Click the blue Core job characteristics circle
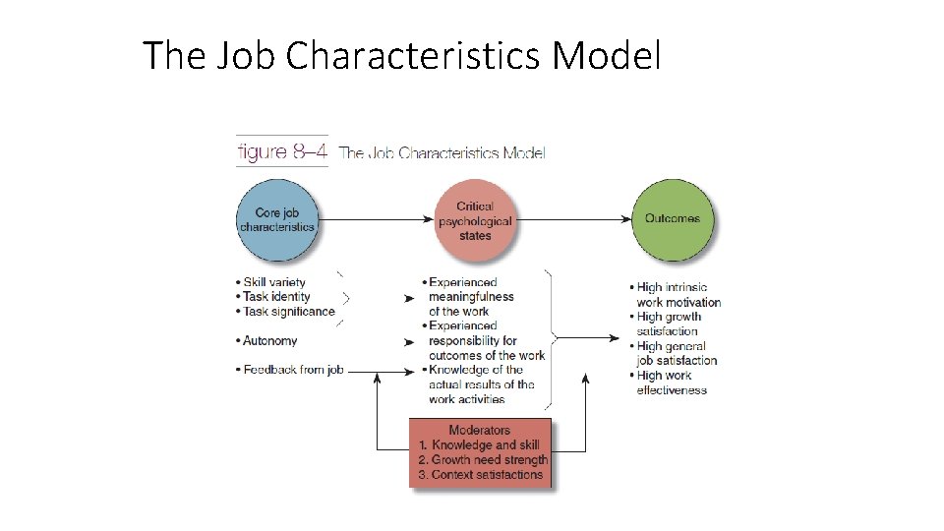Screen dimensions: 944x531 click(x=277, y=219)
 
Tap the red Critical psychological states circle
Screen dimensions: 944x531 click(x=475, y=220)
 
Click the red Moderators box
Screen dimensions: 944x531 click(x=480, y=452)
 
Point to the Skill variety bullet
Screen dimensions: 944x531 click(x=272, y=282)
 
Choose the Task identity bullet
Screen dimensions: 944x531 click(x=274, y=297)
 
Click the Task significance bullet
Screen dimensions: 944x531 click(x=286, y=312)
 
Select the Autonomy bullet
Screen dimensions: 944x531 click(x=267, y=340)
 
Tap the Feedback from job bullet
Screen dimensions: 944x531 click(x=290, y=370)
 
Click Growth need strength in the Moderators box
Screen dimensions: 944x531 click(x=484, y=459)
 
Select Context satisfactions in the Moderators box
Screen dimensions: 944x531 click(x=481, y=474)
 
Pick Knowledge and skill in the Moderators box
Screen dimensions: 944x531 click(x=481, y=444)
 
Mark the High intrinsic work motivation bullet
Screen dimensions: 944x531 click(x=678, y=295)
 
